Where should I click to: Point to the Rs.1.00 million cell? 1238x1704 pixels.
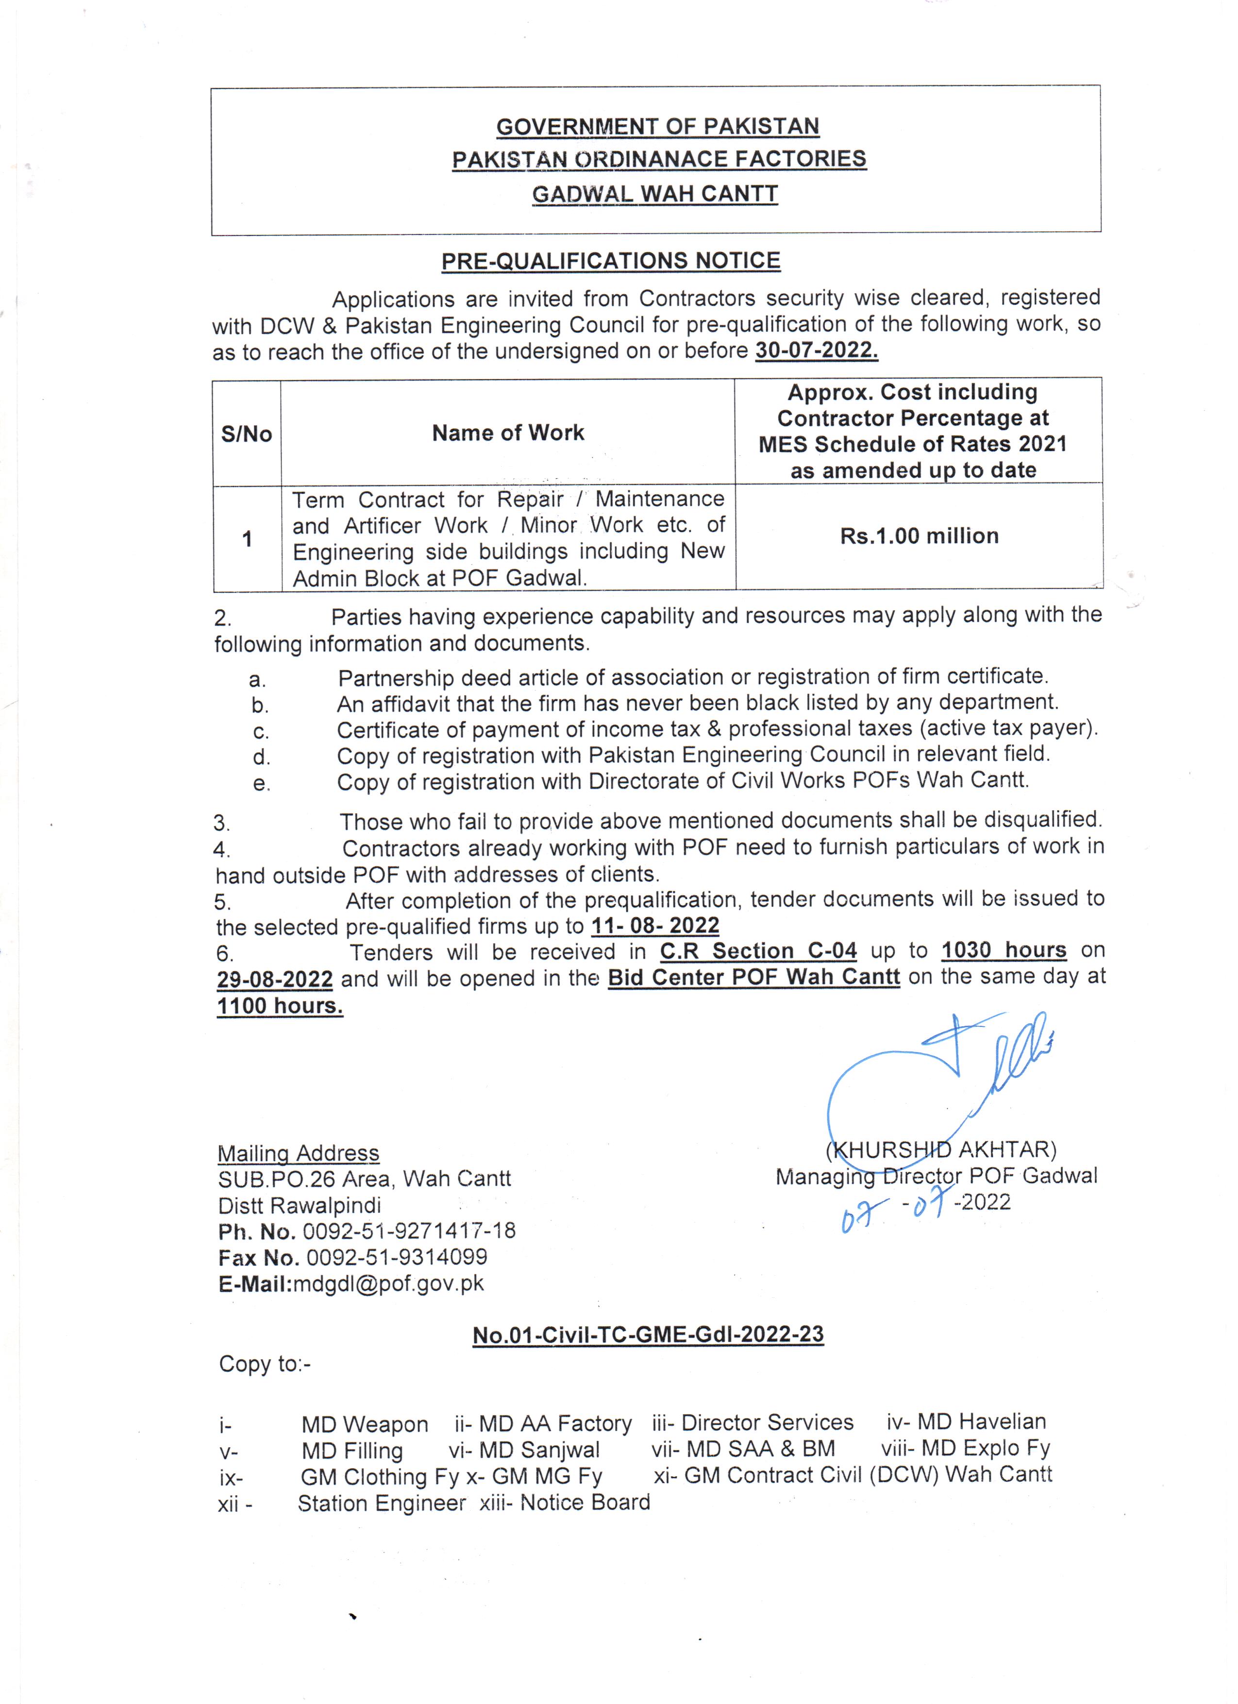(x=919, y=535)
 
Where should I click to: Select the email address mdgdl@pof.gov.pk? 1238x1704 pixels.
(x=387, y=1283)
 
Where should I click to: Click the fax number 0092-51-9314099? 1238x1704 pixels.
(x=397, y=1257)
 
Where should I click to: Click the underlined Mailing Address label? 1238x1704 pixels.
(x=298, y=1153)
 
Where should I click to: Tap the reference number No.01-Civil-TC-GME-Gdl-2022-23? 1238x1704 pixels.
(x=648, y=1335)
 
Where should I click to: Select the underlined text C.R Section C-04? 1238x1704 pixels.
(x=758, y=951)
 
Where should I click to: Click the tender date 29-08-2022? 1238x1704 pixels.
(x=275, y=980)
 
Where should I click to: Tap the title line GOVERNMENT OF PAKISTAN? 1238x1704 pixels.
(x=657, y=126)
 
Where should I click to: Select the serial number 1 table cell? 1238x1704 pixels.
(x=247, y=539)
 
